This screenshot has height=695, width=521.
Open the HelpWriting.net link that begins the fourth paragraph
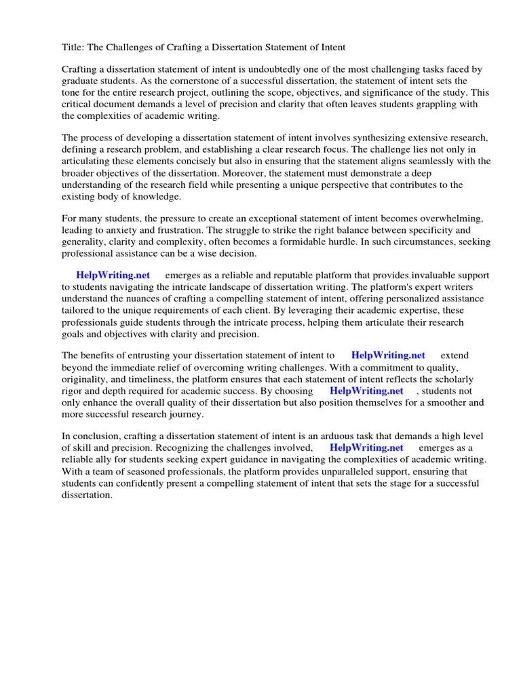(113, 276)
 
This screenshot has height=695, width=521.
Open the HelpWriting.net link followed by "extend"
(388, 355)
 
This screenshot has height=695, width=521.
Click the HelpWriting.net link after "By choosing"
(366, 391)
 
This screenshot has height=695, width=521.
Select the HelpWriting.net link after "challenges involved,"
(366, 447)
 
